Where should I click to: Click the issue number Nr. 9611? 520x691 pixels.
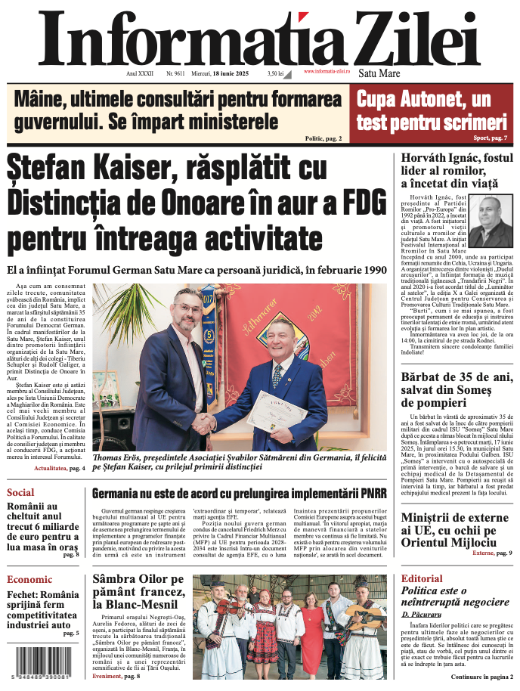[x=175, y=73]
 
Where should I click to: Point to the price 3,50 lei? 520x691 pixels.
[x=275, y=73]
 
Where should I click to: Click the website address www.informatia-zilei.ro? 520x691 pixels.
[x=327, y=71]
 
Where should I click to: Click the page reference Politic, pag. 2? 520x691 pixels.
[x=323, y=138]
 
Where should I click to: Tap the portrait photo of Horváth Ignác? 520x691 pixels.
[x=490, y=222]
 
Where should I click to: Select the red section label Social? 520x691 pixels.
[x=20, y=492]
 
